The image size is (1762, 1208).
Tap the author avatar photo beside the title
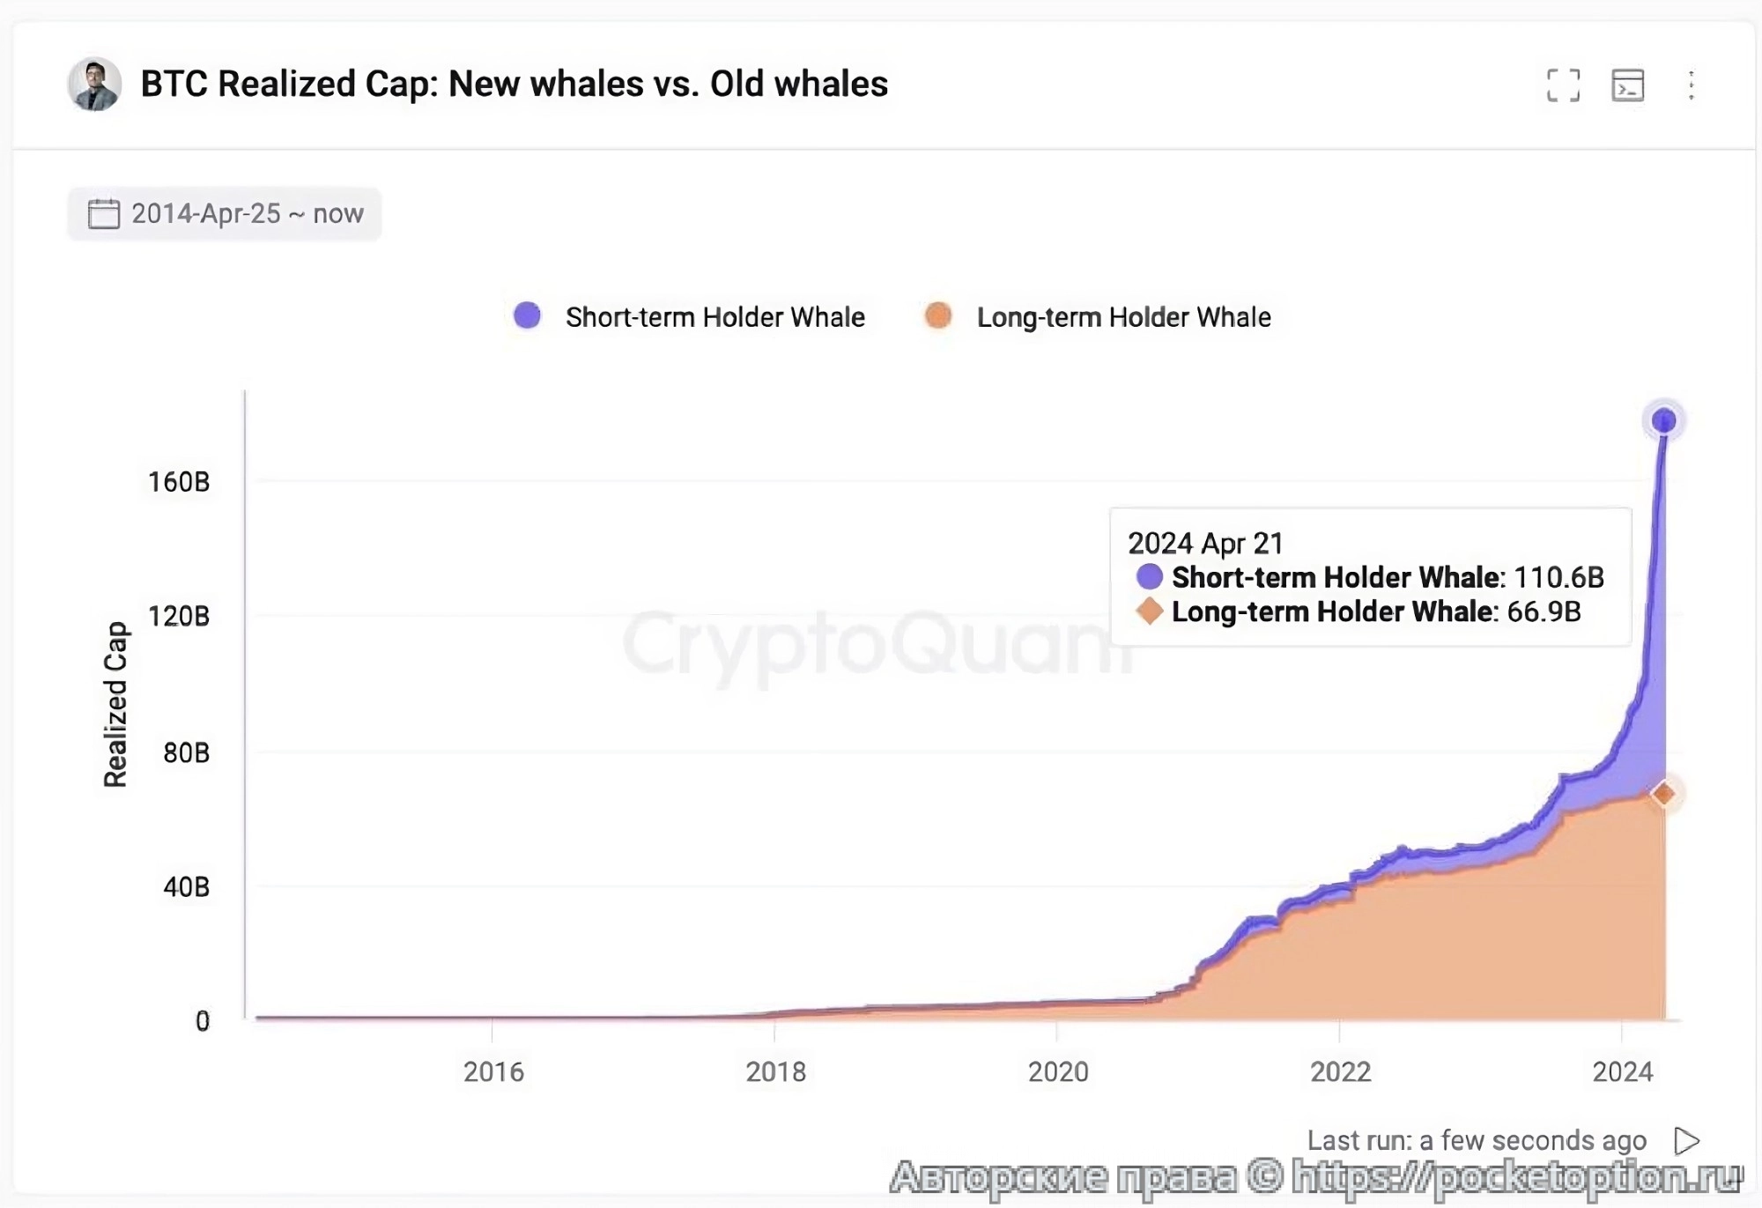pyautogui.click(x=94, y=85)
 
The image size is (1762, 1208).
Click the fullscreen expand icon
pyautogui.click(x=1563, y=85)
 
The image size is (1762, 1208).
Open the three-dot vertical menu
pyautogui.click(x=1691, y=85)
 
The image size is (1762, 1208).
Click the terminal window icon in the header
pyautogui.click(x=1627, y=85)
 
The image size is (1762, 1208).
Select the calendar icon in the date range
pyautogui.click(x=103, y=214)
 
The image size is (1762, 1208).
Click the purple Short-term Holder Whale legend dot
pyautogui.click(x=527, y=315)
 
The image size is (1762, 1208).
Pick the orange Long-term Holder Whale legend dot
pyautogui.click(x=938, y=315)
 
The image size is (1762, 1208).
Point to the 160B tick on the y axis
pyautogui.click(x=179, y=482)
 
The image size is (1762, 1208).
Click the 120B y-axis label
pyautogui.click(x=179, y=616)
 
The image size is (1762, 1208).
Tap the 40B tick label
pyautogui.click(x=186, y=886)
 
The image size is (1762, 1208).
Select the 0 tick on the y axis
pyautogui.click(x=203, y=1021)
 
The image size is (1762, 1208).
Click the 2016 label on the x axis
pyautogui.click(x=493, y=1072)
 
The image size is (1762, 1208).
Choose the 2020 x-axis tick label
pyautogui.click(x=1058, y=1072)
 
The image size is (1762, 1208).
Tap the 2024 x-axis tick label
pyautogui.click(x=1623, y=1072)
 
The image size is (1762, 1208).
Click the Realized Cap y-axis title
pyautogui.click(x=115, y=704)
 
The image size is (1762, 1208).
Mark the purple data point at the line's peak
pyautogui.click(x=1663, y=421)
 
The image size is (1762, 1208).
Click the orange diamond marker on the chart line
pyautogui.click(x=1663, y=794)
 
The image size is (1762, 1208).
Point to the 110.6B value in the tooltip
pyautogui.click(x=1558, y=578)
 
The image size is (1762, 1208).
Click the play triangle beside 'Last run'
pyautogui.click(x=1686, y=1141)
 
